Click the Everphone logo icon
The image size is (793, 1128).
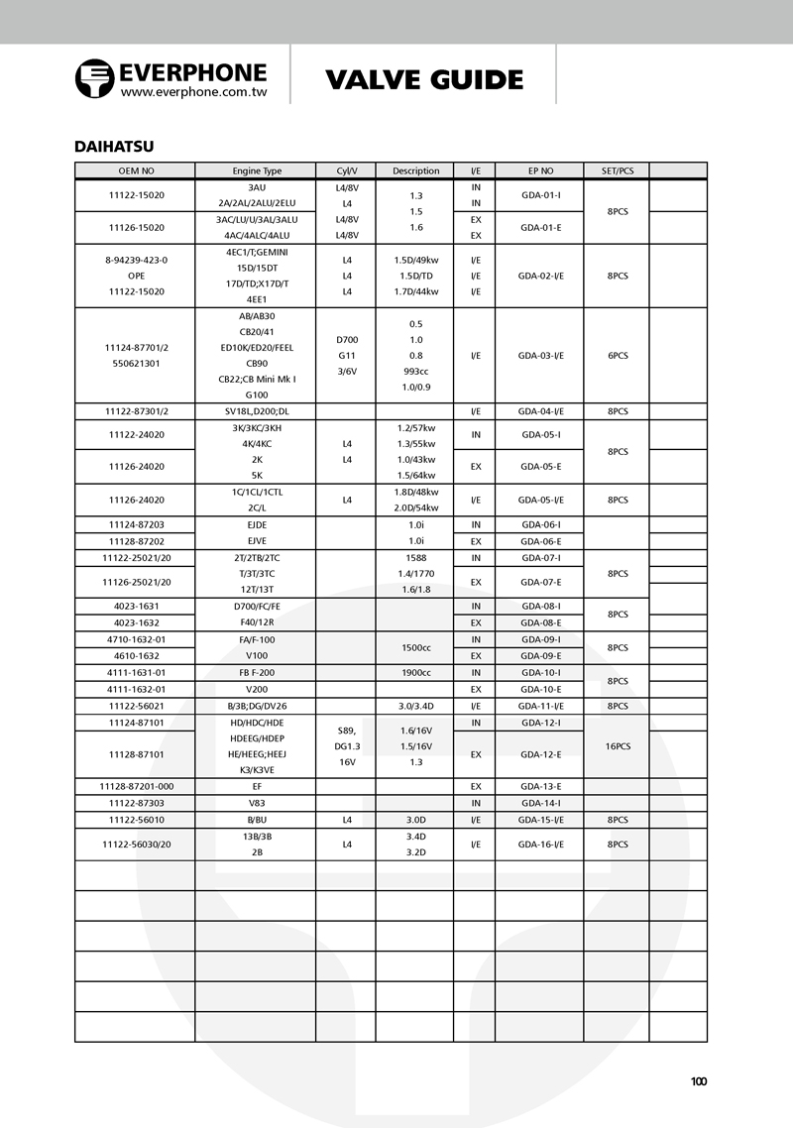[95, 78]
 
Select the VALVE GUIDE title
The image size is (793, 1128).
[424, 80]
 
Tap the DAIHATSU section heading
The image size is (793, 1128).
[114, 147]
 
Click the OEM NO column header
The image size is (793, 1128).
[135, 170]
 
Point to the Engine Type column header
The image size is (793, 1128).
[257, 170]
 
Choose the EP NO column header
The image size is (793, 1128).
[540, 170]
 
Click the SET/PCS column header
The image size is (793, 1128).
[617, 170]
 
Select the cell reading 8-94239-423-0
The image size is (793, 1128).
[136, 260]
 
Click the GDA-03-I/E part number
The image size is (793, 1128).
[540, 355]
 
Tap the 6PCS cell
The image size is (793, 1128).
[617, 355]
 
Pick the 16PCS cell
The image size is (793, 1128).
[617, 746]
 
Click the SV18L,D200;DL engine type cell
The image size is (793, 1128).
[257, 410]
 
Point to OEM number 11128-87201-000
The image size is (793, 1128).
[136, 786]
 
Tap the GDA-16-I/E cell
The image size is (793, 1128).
[540, 844]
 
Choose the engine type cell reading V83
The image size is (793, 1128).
[257, 803]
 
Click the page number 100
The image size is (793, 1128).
[699, 1081]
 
